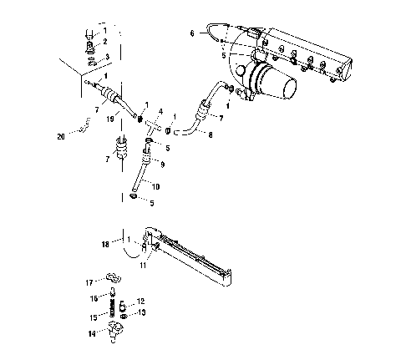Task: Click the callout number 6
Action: coord(191,34)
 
